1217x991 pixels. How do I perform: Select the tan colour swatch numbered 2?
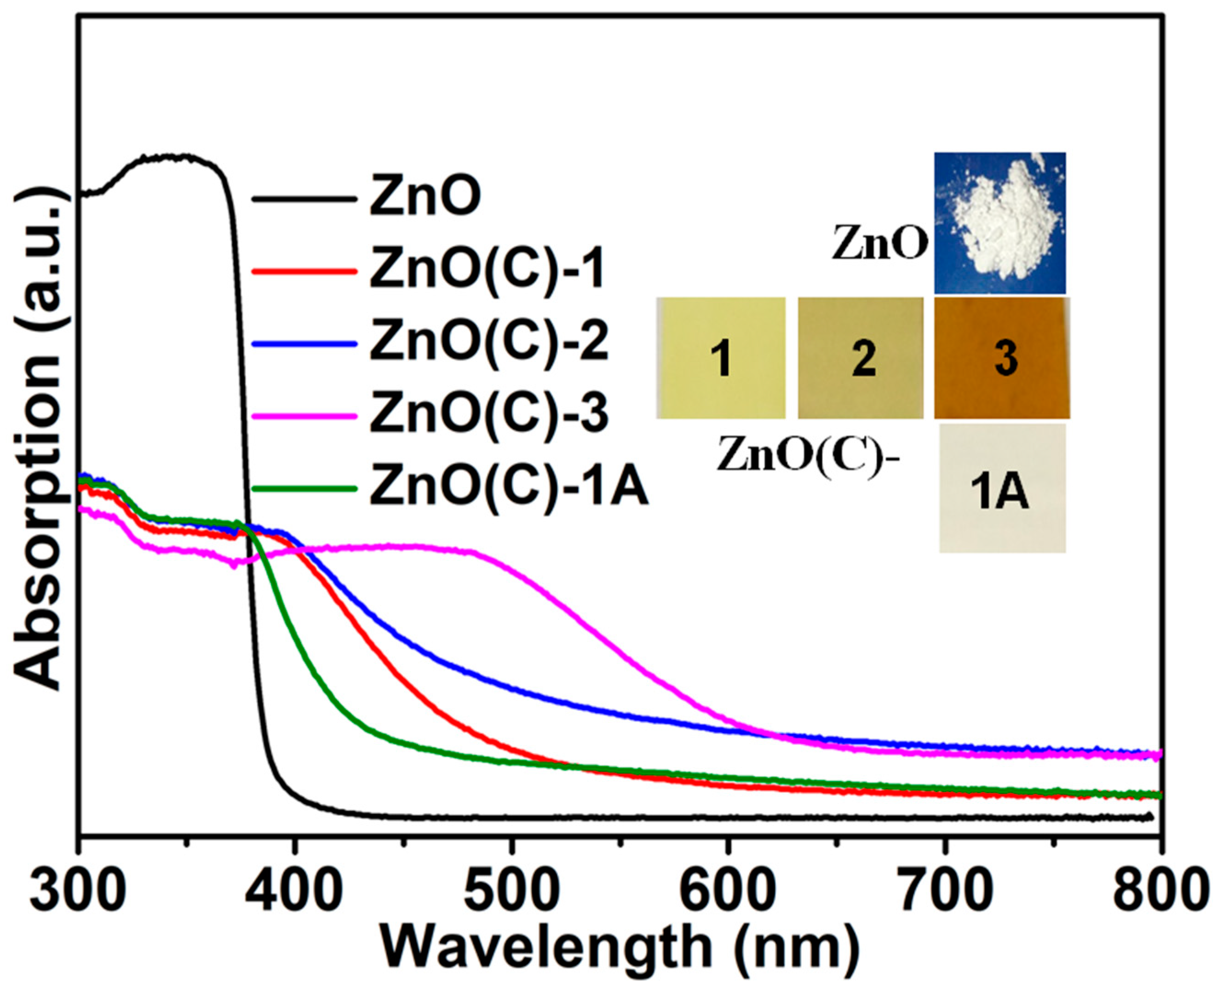(860, 358)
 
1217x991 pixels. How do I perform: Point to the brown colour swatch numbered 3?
(1002, 358)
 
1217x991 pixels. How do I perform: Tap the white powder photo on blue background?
(999, 223)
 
